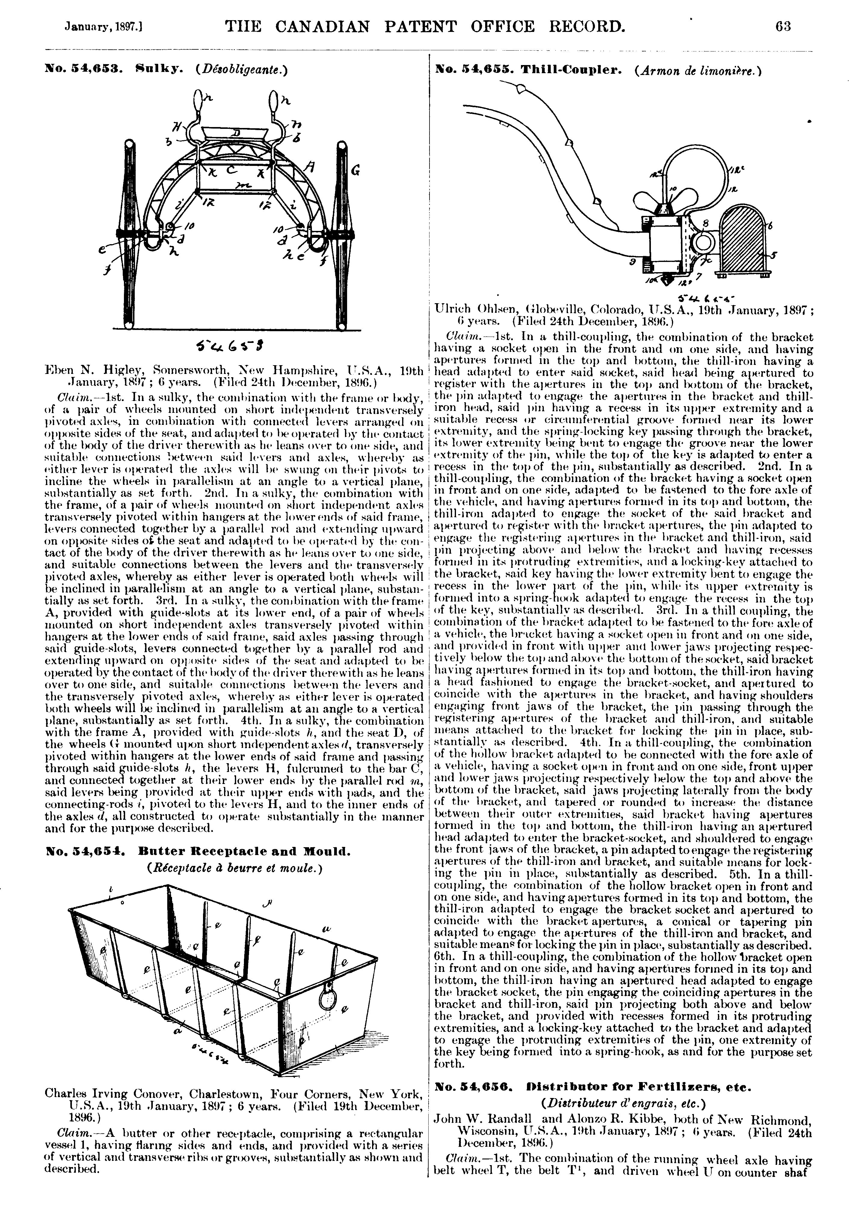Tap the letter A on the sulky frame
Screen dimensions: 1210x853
pyautogui.click(x=311, y=168)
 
